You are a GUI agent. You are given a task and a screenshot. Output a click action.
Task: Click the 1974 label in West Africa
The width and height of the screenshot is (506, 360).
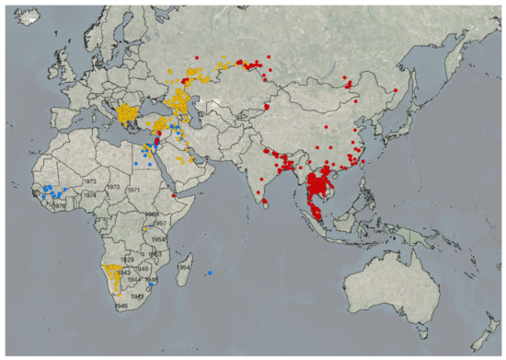tap(89, 195)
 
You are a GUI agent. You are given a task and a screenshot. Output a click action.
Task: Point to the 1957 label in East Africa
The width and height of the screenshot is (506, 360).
tap(159, 224)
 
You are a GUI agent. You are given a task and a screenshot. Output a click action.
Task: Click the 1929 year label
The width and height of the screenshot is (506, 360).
tap(127, 260)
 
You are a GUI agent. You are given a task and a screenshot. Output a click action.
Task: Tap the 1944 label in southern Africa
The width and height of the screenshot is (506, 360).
tap(133, 279)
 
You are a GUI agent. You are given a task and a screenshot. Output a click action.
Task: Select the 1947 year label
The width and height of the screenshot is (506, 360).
tap(137, 296)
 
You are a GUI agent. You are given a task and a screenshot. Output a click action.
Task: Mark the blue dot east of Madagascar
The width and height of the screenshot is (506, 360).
tap(211, 273)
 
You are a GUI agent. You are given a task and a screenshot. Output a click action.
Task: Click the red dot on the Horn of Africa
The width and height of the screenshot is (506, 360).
tap(174, 194)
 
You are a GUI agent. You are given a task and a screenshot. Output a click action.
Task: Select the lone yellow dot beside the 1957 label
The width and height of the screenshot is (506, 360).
tap(144, 229)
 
